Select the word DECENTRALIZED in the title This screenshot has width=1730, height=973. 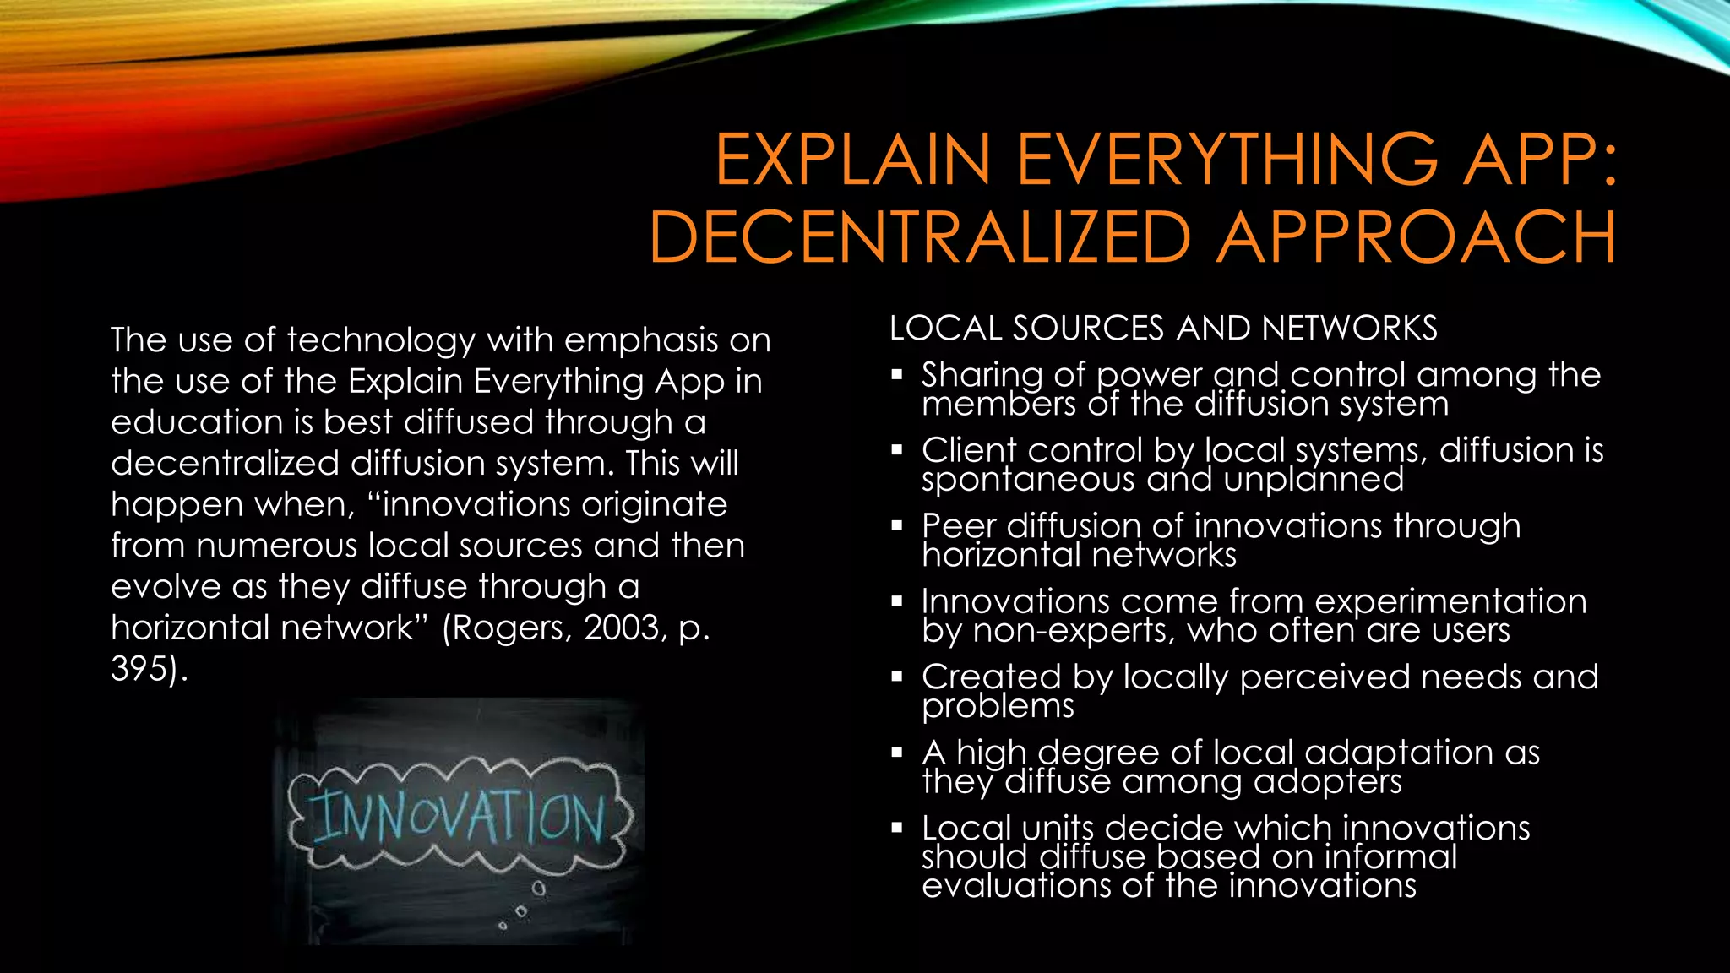(x=920, y=237)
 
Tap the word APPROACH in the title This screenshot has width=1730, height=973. (x=1417, y=237)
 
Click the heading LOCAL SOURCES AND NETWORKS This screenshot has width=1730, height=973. (x=1163, y=328)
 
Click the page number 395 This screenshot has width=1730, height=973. (x=139, y=669)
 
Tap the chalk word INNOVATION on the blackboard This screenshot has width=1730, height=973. (x=460, y=818)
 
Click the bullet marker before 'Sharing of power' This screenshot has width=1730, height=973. (x=897, y=374)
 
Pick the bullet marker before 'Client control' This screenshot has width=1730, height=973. (x=897, y=450)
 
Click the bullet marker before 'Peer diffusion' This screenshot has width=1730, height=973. (x=897, y=525)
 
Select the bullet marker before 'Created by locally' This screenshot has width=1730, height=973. (x=897, y=677)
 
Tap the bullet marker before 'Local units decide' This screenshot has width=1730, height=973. (x=897, y=828)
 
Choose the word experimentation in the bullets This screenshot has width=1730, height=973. (x=1450, y=601)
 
